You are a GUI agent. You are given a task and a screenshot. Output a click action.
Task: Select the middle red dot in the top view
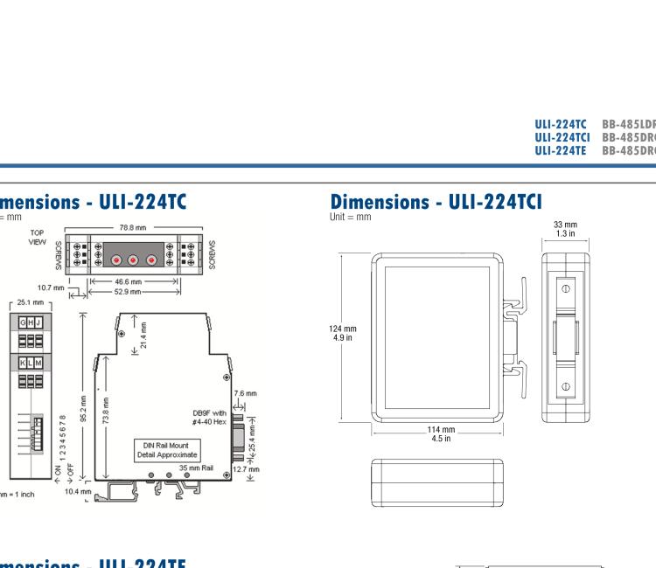pos(133,260)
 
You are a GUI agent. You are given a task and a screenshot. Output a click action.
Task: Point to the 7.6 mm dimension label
pos(246,393)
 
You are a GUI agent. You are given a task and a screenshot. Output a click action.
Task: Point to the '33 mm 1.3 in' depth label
pos(564,229)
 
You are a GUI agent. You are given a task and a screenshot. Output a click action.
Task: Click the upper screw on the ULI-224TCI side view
pos(565,287)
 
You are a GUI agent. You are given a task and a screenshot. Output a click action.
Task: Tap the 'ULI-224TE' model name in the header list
pos(562,151)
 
